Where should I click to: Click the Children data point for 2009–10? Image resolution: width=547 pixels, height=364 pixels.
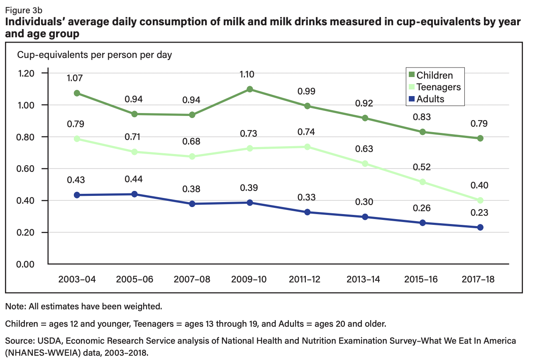(250, 89)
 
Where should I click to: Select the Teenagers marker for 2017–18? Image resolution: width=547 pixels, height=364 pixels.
(480, 200)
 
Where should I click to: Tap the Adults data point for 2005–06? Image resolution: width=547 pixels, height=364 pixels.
(134, 194)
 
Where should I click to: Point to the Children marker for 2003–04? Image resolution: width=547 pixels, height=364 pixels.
(77, 93)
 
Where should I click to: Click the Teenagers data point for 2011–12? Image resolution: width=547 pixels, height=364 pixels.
(308, 147)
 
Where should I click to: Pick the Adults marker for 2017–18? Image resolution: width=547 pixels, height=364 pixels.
(480, 227)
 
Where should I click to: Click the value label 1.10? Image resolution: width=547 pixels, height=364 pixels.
(249, 75)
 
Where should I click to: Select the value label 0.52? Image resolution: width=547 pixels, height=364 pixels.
(422, 167)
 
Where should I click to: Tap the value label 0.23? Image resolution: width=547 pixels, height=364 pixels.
(480, 213)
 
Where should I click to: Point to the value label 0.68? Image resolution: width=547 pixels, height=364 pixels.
(192, 142)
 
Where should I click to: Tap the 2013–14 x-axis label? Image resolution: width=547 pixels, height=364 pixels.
(365, 280)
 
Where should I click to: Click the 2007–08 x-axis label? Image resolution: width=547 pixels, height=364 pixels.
(192, 280)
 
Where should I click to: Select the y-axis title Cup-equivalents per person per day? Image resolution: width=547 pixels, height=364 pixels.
(94, 55)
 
